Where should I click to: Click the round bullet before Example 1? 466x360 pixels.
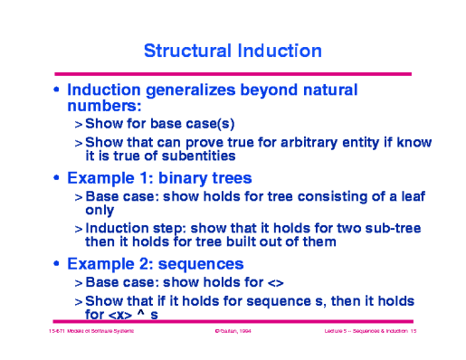point(58,178)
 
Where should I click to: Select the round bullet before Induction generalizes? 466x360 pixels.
point(58,91)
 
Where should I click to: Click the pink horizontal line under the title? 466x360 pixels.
point(233,73)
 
